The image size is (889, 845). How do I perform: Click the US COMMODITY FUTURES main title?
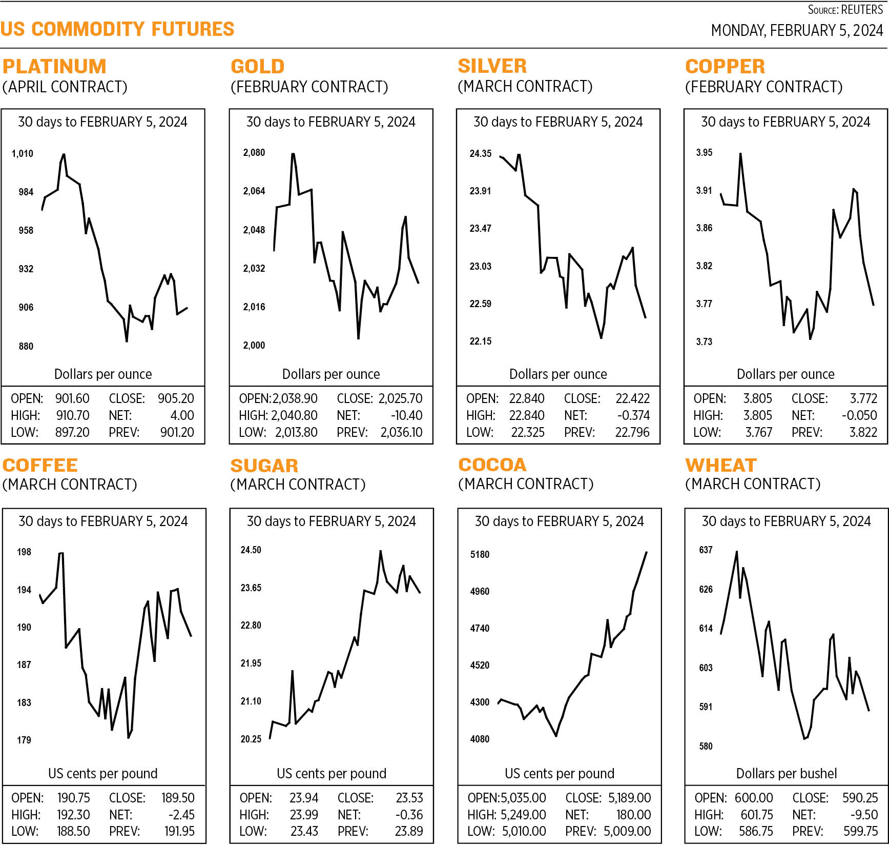[x=117, y=29]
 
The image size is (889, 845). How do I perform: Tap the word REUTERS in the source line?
[x=862, y=10]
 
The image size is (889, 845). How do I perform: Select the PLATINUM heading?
[x=54, y=66]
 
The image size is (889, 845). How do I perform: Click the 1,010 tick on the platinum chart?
[x=22, y=153]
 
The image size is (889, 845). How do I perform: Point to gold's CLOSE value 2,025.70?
[x=400, y=398]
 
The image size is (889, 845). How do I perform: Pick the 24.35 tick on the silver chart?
[x=480, y=153]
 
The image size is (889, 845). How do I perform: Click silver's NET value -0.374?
[x=633, y=415]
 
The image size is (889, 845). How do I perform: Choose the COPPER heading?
[x=725, y=66]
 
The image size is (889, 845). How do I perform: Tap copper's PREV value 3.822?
[x=863, y=432]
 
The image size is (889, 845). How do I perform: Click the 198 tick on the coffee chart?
[x=24, y=552]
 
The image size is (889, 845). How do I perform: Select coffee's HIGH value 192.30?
[x=73, y=815]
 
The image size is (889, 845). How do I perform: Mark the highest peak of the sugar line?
[x=380, y=551]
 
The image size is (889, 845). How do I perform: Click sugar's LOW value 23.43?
[x=304, y=831]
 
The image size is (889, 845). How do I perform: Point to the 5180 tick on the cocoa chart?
[x=480, y=554]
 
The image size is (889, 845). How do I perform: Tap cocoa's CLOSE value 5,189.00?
[x=629, y=798]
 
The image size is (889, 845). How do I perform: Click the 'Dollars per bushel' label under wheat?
[x=786, y=773]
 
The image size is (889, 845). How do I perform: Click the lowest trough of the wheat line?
[x=804, y=739]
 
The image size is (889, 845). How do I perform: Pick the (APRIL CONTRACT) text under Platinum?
[x=65, y=87]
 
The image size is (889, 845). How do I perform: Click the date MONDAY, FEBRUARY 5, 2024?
[x=797, y=31]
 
